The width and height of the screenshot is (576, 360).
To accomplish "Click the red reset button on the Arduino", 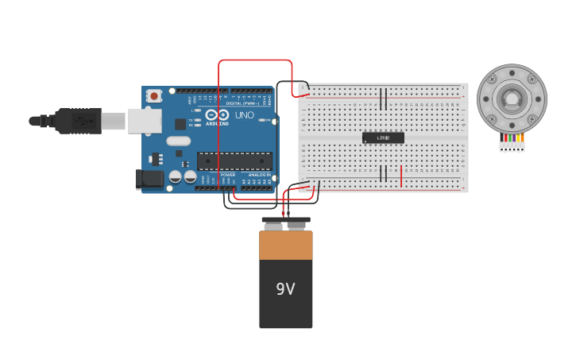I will tap(154, 95).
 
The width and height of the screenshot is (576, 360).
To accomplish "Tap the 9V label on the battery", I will tap(285, 289).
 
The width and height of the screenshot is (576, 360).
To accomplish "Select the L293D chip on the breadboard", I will tap(383, 137).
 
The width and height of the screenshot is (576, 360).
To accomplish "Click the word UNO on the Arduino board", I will tap(245, 115).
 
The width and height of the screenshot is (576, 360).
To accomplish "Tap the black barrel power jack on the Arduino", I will tap(148, 179).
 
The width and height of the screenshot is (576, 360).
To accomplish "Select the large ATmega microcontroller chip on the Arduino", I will tap(234, 161).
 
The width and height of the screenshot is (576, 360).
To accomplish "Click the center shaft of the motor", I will tap(512, 99).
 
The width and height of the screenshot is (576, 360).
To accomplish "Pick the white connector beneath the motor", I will tap(512, 146).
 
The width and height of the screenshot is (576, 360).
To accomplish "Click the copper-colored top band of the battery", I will tap(286, 245).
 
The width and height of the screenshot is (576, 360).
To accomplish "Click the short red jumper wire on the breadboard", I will tap(401, 176).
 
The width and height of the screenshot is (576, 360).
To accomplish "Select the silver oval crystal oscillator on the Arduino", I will tap(178, 141).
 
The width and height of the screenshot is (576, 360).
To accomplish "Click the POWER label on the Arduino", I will tap(228, 175).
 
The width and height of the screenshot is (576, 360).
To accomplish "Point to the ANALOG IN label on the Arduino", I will tap(260, 175).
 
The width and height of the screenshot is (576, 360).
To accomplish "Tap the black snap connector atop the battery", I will tap(286, 221).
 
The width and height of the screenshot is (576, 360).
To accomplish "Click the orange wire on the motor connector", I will tap(519, 138).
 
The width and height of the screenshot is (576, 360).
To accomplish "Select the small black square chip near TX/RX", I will tap(180, 123).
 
